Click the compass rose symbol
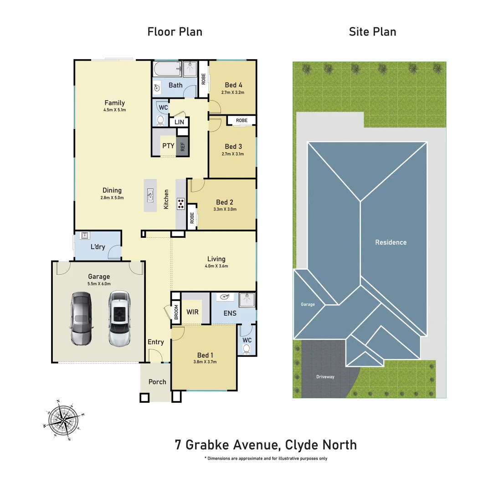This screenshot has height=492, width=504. click(x=64, y=420)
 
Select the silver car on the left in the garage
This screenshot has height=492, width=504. click(x=82, y=318)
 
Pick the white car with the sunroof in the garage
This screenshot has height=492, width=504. click(x=119, y=318)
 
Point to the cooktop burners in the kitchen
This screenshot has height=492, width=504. click(x=181, y=203)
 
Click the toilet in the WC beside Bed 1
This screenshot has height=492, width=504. click(x=247, y=348)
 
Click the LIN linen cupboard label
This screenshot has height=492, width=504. click(x=179, y=122)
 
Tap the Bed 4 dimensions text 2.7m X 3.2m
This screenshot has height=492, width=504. click(x=233, y=92)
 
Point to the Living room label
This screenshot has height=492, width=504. click(x=216, y=259)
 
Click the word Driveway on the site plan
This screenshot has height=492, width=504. click(x=325, y=377)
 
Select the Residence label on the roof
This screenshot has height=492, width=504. click(x=391, y=242)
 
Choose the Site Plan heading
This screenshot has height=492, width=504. click(x=372, y=32)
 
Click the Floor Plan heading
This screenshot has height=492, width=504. click(x=175, y=32)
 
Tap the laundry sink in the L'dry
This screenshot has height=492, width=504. click(x=84, y=236)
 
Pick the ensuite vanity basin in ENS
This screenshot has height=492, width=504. click(x=224, y=297)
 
